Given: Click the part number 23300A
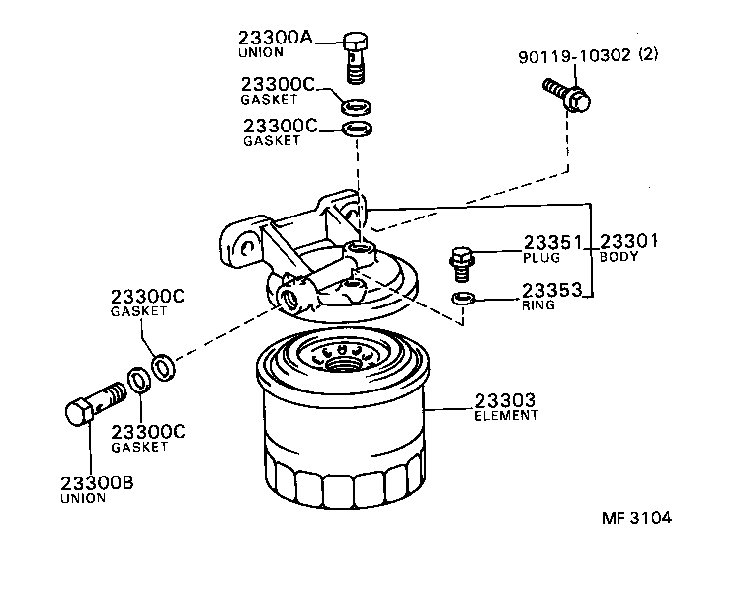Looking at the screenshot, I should point(275,38).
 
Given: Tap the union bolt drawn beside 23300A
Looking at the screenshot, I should point(356,56).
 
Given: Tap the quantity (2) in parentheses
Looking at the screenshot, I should point(648,56).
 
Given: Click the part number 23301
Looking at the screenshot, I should point(628,242).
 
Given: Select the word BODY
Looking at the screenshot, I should point(619,257).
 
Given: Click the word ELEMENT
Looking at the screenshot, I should point(507,416).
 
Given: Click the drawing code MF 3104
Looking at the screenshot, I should point(642,518).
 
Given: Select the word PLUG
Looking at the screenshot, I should point(541,257).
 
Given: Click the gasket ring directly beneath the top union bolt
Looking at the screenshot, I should point(356,106).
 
